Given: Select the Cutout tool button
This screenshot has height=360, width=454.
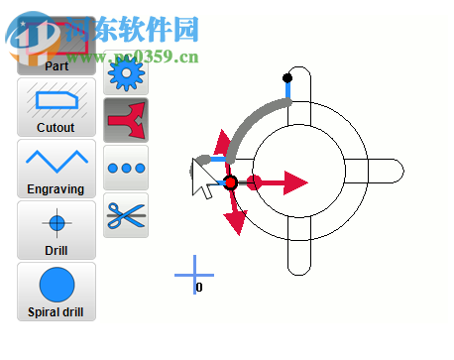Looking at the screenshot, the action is tap(57, 107).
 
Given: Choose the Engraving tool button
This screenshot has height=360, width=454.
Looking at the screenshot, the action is tap(57, 168).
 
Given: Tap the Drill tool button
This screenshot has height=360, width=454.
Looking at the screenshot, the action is tap(57, 229).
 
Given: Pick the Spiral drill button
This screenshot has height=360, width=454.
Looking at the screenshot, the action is tap(57, 292).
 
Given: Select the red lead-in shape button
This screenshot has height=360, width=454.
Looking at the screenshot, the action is tap(126, 120).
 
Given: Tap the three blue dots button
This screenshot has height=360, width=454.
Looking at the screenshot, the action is tap(126, 168).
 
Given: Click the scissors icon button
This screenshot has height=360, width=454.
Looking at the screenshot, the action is tap(126, 215).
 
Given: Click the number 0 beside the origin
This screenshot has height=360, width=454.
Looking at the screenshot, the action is tap(199, 288).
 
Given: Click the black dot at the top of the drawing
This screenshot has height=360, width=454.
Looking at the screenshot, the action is tap(287, 77).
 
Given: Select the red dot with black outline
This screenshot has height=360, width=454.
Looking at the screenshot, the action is tap(231, 183).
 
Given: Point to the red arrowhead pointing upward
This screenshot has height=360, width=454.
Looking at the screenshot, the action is tap(222, 140).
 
